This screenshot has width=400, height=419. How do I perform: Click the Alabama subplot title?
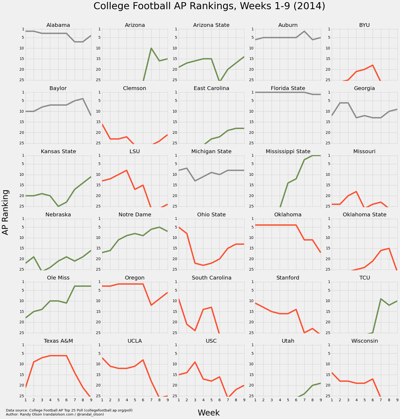[58, 25]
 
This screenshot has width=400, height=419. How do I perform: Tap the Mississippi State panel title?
[288, 152]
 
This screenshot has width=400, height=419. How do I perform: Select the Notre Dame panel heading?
[135, 215]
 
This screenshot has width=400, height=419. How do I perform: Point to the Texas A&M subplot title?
[58, 341]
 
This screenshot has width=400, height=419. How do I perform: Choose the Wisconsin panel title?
[365, 341]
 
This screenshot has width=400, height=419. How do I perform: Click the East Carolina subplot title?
[211, 88]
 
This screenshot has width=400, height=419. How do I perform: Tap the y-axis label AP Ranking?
[6, 212]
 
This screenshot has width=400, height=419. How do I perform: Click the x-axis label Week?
[209, 413]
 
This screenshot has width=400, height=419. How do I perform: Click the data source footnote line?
[69, 410]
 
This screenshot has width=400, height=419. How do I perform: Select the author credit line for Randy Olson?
[55, 414]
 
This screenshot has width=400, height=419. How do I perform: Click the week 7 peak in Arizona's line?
[151, 48]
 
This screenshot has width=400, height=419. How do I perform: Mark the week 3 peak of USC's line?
[195, 362]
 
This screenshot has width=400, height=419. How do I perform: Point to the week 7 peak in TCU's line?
[381, 299]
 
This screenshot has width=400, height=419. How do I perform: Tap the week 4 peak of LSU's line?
[127, 170]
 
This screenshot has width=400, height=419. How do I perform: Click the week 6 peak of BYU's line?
[373, 65]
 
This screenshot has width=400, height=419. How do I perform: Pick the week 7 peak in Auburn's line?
[304, 31]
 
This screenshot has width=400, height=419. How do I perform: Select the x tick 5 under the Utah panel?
[288, 400]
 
